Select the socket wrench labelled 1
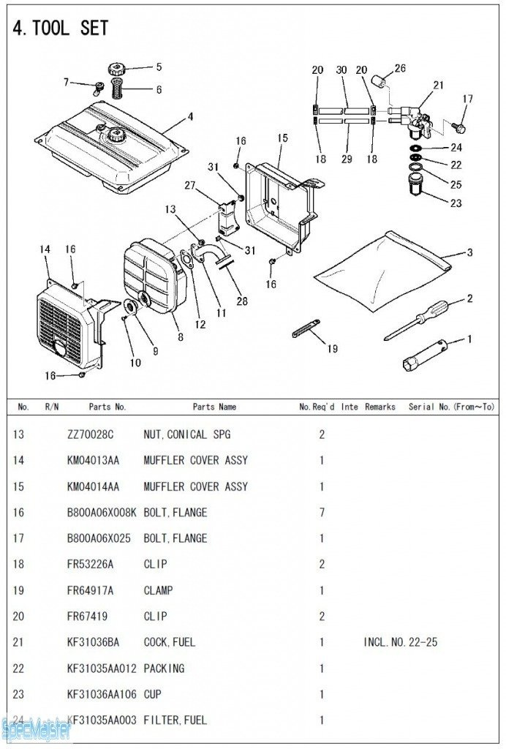click(427, 353)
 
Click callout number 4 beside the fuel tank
click(190, 116)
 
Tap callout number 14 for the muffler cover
click(45, 250)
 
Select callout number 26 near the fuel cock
click(400, 69)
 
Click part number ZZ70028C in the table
click(91, 434)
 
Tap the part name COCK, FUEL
click(170, 642)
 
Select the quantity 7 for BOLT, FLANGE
click(322, 512)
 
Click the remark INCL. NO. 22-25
click(401, 642)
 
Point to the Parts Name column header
click(214, 407)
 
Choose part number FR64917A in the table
click(91, 590)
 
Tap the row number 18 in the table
click(18, 564)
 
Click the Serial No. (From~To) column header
click(452, 407)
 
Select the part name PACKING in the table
click(164, 669)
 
